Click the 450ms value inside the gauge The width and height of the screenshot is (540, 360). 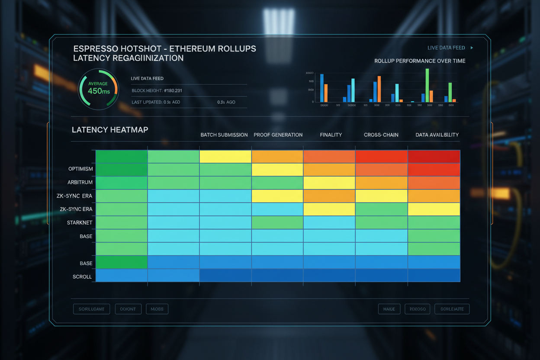coord(99,91)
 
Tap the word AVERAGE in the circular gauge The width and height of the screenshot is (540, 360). coord(98,84)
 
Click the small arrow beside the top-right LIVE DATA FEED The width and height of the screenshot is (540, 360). coord(472,48)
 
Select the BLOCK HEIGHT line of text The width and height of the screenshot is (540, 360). coord(157,91)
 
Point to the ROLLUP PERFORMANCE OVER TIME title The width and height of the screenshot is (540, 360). coord(420,61)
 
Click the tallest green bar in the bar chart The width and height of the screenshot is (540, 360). coord(427,85)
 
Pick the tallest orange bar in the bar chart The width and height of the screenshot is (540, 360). coord(379,89)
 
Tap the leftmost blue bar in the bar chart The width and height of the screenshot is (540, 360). coord(321,88)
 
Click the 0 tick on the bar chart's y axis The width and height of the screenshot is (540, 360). coord(312,102)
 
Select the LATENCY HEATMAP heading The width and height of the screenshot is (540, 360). coord(110,130)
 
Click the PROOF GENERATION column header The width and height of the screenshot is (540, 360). coord(278,135)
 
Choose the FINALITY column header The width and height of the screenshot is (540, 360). coord(331,135)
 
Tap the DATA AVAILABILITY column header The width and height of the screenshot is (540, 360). coord(437,135)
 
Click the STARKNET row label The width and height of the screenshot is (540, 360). coord(80,223)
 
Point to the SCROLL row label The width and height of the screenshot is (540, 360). coord(82,276)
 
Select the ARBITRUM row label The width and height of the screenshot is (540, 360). coord(80,183)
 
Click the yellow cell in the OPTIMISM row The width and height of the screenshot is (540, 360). coord(277,170)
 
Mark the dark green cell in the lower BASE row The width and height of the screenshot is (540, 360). coord(122,262)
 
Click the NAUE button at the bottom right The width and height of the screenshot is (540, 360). coord(389,309)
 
